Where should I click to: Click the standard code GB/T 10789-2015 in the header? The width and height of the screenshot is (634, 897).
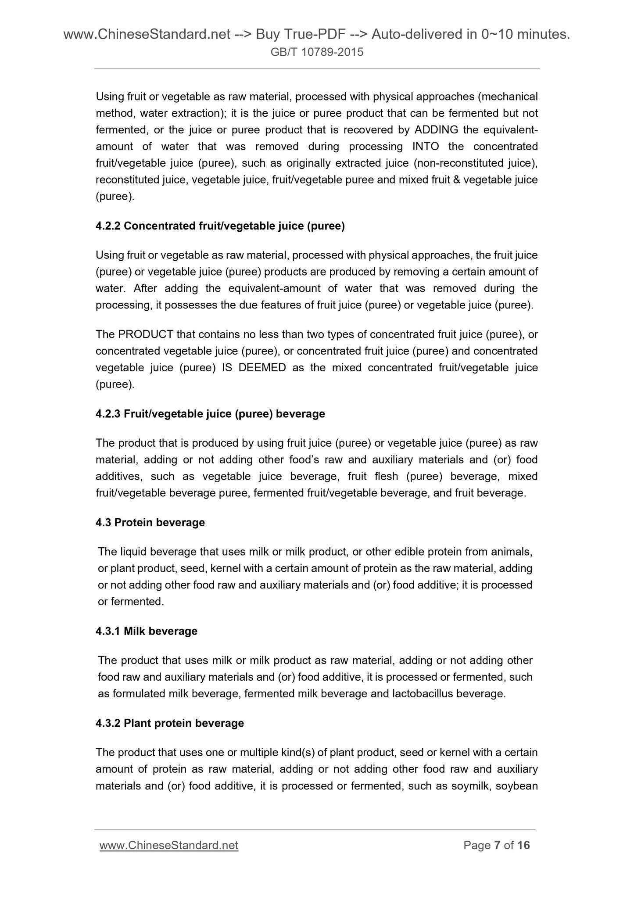click(317, 53)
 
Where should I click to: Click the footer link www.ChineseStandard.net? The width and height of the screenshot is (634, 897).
click(169, 845)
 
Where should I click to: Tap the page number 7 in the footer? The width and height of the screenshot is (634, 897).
click(497, 845)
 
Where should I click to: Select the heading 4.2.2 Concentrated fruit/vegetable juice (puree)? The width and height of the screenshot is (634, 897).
click(220, 226)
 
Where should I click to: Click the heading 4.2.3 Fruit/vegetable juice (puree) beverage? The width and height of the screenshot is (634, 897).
click(210, 414)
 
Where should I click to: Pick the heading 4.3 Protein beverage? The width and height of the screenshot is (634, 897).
click(150, 523)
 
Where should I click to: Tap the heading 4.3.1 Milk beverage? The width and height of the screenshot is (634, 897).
click(147, 631)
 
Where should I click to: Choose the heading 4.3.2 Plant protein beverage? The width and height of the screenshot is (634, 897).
click(170, 723)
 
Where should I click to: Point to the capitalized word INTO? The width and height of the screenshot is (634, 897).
click(426, 147)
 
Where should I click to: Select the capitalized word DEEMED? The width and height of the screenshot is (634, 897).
click(262, 368)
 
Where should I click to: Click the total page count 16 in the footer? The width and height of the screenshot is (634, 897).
click(523, 845)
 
